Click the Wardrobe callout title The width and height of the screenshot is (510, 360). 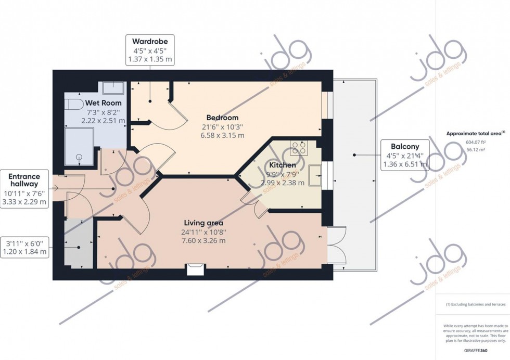click(x=150, y=41)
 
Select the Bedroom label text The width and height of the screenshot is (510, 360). click(x=222, y=118)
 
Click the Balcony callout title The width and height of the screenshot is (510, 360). click(x=405, y=146)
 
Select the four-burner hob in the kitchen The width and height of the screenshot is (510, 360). click(x=298, y=148)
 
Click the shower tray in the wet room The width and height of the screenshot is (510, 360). click(x=79, y=146)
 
